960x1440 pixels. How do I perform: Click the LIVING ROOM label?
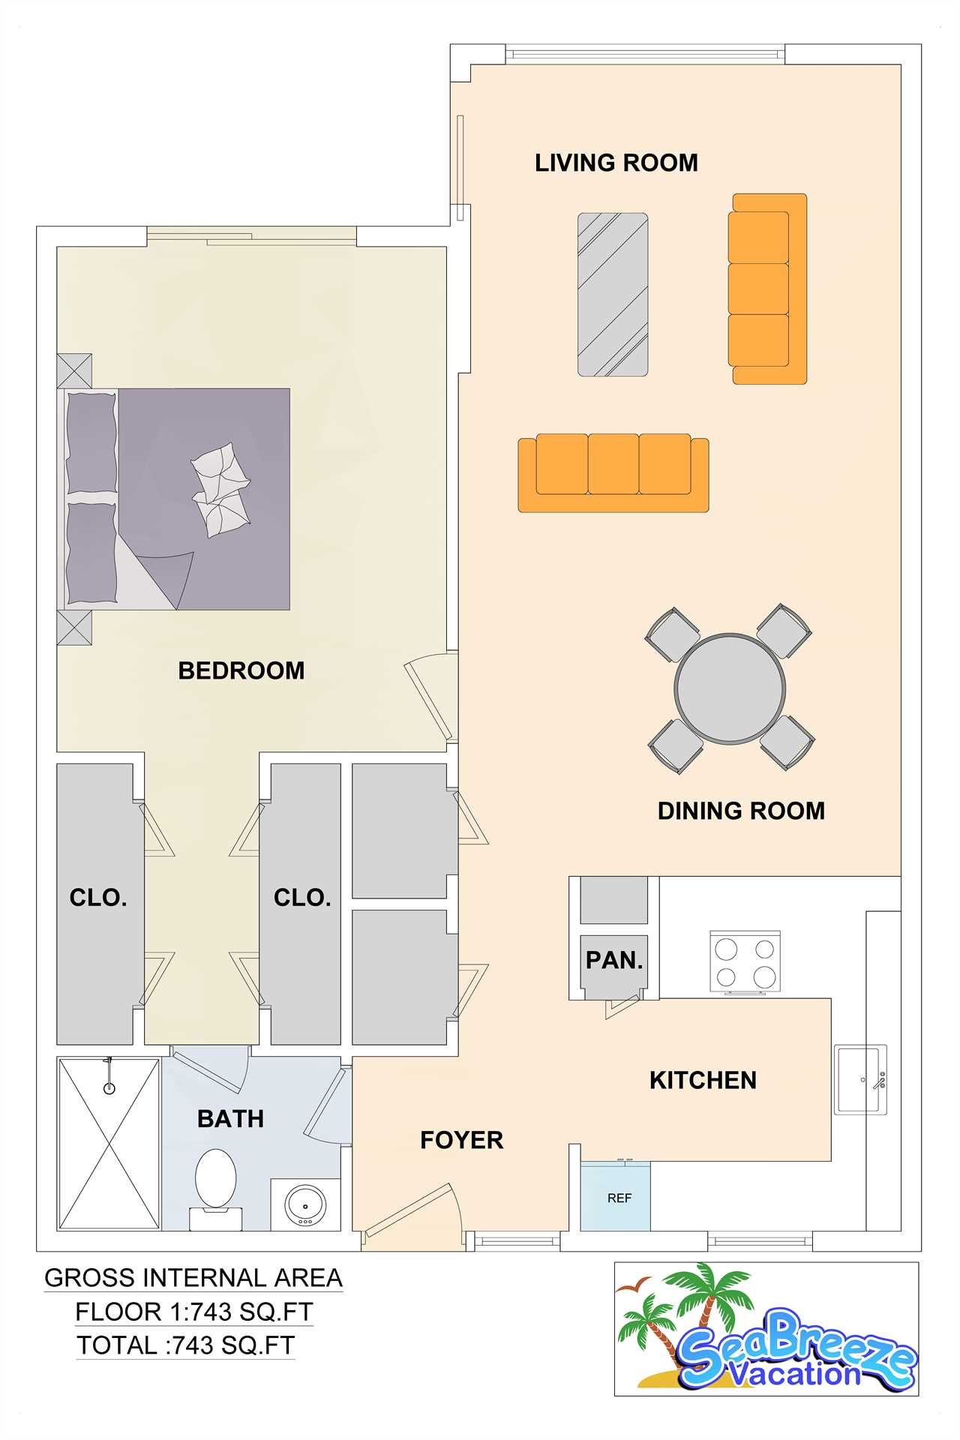(x=616, y=163)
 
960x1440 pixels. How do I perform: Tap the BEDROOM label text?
(x=241, y=670)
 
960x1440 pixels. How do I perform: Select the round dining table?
(x=730, y=688)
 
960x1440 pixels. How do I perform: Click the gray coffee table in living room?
(x=613, y=294)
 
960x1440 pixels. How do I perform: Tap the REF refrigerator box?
(x=616, y=1197)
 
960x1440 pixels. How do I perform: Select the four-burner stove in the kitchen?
(x=745, y=962)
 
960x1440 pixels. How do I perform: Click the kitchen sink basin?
(x=860, y=1079)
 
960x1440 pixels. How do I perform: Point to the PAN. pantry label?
(x=614, y=960)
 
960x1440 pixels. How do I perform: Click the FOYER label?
(x=462, y=1140)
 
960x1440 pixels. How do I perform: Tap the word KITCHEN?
(x=703, y=1080)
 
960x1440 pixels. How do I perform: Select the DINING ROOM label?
(x=741, y=811)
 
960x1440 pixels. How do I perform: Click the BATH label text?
(x=231, y=1119)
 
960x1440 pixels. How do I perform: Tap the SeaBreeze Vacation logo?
(x=766, y=1329)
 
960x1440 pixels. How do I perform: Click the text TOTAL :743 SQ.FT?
(x=185, y=1345)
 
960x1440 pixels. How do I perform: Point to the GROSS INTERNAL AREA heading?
(x=193, y=1278)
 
